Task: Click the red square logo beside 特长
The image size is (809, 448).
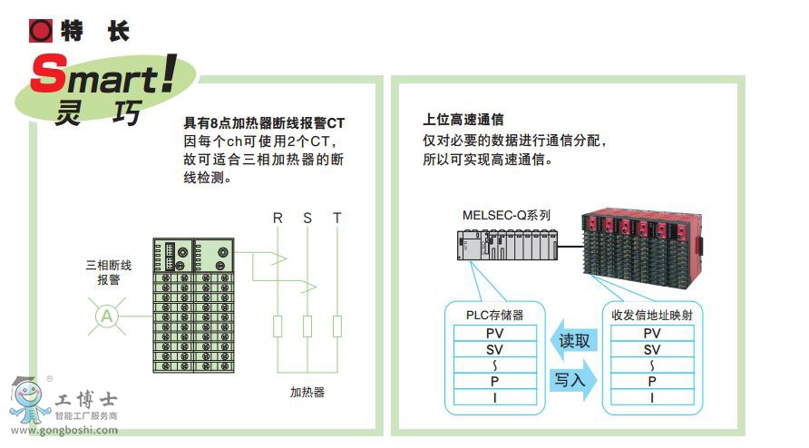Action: click(x=42, y=31)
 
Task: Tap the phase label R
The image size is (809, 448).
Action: click(x=278, y=218)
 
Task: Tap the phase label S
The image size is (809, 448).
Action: click(x=307, y=218)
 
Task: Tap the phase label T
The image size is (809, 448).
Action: click(x=337, y=218)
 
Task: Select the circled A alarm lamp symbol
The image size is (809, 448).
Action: click(x=107, y=316)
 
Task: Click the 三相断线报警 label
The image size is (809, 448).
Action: click(x=109, y=272)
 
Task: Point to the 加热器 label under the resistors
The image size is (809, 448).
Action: click(x=307, y=392)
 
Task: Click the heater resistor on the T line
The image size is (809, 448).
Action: click(x=337, y=326)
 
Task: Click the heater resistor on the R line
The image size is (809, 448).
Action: click(x=278, y=326)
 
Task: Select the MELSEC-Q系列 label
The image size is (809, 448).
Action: click(x=506, y=216)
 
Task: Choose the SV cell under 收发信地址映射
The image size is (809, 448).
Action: click(x=651, y=349)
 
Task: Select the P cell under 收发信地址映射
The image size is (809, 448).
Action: click(x=651, y=382)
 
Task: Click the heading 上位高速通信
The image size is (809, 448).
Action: click(x=463, y=118)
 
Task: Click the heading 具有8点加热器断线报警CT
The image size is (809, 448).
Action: click(x=264, y=122)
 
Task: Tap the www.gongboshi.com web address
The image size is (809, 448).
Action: click(x=63, y=430)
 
